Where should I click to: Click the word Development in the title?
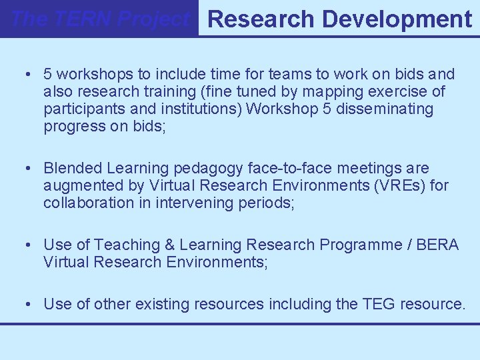(397, 19)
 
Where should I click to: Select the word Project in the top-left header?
(155, 19)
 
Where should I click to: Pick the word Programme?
(361, 245)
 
